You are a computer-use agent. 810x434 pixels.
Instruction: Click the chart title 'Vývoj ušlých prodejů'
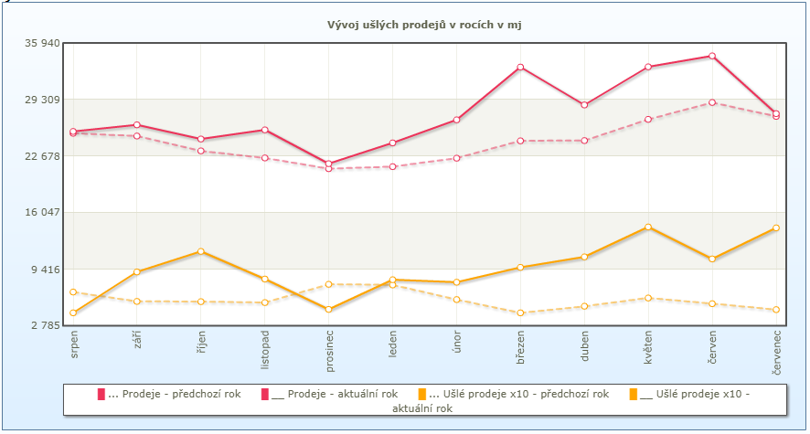tap(424, 25)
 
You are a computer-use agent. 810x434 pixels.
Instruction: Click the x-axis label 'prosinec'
tap(329, 352)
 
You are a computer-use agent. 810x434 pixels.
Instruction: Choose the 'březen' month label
tap(520, 350)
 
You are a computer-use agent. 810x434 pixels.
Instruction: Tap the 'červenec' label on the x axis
tap(776, 354)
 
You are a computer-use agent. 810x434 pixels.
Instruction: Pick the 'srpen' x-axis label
tap(74, 347)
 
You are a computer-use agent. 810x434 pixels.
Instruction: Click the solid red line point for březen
tap(520, 67)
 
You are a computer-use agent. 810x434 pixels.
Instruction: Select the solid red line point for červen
tap(712, 56)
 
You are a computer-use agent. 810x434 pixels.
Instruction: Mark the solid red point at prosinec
tap(329, 164)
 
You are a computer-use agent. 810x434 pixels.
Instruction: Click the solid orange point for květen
tap(648, 227)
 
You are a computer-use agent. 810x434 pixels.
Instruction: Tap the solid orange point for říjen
tap(201, 251)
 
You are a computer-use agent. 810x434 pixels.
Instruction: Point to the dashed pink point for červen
tap(712, 102)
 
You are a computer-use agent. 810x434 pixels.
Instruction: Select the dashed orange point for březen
tap(520, 312)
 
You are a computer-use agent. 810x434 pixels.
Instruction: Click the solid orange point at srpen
tap(73, 312)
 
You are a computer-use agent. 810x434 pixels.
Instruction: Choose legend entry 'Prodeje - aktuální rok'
tap(329, 394)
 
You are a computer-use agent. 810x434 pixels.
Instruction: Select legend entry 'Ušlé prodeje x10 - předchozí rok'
tap(513, 394)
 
